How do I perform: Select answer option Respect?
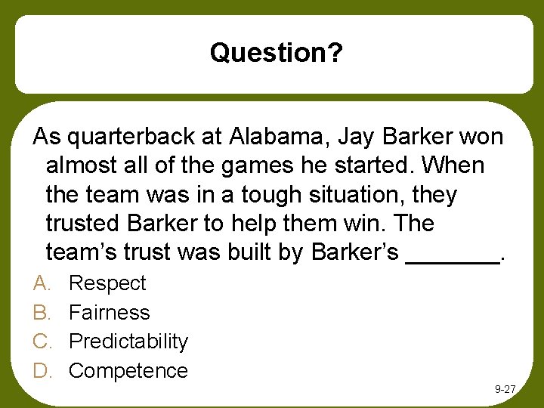107,283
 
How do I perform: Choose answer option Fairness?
110,312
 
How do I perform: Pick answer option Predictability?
128,342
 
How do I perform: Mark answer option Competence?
128,370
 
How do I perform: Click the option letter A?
41,283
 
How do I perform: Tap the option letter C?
41,342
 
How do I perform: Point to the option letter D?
41,370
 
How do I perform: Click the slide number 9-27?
505,389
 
